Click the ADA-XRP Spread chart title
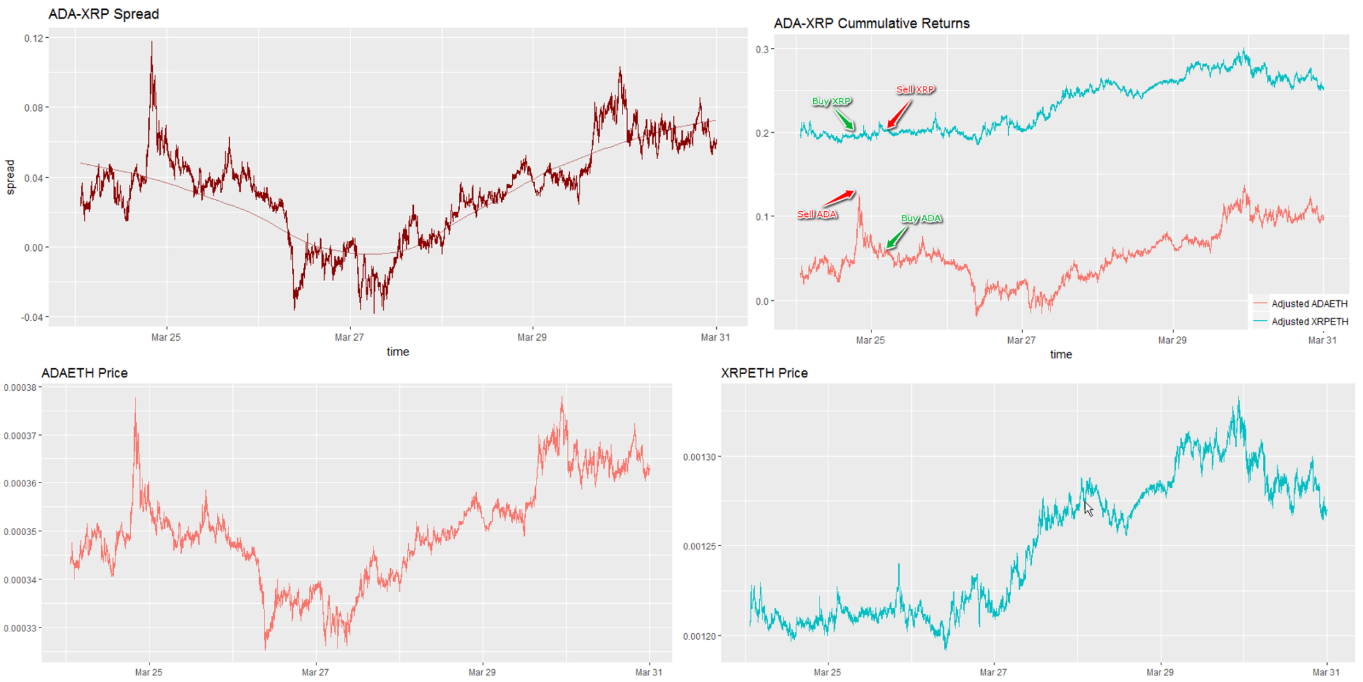(x=103, y=14)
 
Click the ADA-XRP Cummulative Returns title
(x=871, y=24)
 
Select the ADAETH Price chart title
(x=84, y=373)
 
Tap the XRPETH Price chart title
(x=764, y=373)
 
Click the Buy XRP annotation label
(x=831, y=101)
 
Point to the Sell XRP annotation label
(x=915, y=90)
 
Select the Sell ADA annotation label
(x=817, y=214)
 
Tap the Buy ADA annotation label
(x=921, y=219)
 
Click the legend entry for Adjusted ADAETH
(x=1309, y=303)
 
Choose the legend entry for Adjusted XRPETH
(x=1309, y=321)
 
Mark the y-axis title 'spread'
(x=10, y=177)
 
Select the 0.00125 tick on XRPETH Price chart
(x=698, y=547)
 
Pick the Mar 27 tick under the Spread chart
(x=349, y=337)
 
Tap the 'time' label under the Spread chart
(x=397, y=352)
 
